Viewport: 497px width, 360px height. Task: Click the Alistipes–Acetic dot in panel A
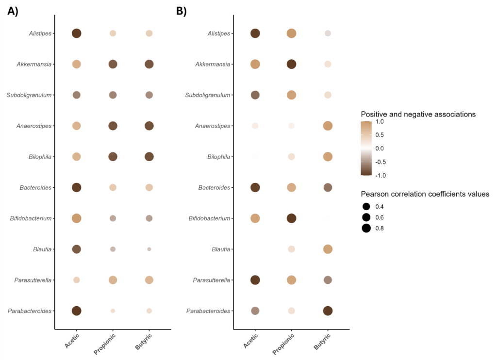(x=76, y=33)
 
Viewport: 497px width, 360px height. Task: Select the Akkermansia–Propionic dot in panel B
(x=291, y=64)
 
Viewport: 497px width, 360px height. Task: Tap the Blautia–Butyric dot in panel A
(x=149, y=249)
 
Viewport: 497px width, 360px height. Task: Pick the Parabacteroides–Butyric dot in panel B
(x=328, y=311)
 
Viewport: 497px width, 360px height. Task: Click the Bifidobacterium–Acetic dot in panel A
(x=76, y=218)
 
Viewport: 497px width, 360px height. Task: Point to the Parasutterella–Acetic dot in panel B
(x=255, y=280)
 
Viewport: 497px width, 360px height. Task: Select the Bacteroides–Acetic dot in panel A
(x=76, y=187)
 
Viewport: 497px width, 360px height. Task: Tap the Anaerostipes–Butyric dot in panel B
(x=328, y=126)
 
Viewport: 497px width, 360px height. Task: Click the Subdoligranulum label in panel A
(x=29, y=95)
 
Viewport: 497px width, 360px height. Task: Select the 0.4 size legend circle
(x=366, y=206)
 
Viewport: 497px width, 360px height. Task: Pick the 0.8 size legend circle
(x=366, y=228)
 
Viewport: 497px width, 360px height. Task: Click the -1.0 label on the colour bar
(x=381, y=175)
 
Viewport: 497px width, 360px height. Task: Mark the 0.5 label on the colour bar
(x=380, y=135)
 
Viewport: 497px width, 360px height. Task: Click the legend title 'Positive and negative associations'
(x=418, y=114)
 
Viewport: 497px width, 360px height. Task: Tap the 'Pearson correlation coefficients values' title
(x=425, y=194)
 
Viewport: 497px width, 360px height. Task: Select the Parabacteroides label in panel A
(x=30, y=311)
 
